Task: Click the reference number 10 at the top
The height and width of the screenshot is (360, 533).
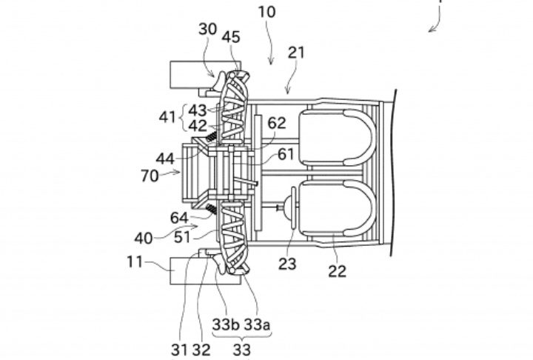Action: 266,12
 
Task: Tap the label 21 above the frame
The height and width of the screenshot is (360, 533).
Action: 296,53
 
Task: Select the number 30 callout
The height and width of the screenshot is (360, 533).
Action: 208,30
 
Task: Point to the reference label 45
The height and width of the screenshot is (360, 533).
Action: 231,37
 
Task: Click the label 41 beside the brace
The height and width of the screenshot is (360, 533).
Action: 167,117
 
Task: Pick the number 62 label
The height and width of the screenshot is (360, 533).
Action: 277,123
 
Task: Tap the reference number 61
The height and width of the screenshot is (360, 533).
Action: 286,155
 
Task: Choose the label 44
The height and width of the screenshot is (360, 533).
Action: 165,159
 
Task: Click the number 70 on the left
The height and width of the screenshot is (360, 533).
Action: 150,176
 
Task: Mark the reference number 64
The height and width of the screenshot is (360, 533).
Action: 179,218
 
